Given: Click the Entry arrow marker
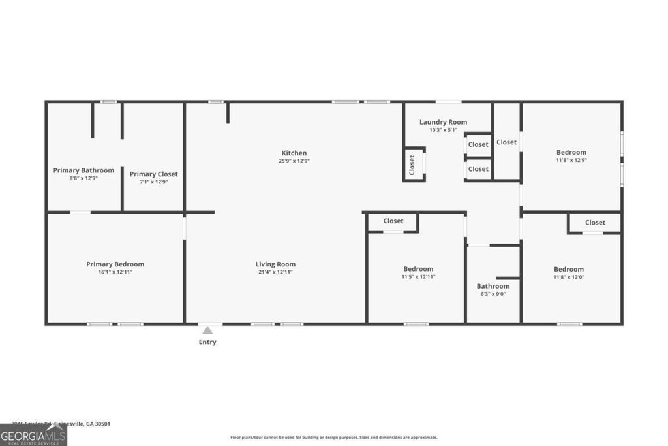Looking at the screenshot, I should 207,330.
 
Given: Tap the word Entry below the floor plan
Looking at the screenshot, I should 207,342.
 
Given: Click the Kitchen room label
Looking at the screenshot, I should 294,153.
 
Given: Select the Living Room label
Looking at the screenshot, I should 275,264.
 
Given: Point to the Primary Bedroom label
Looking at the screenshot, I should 115,264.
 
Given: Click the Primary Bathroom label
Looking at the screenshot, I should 83,170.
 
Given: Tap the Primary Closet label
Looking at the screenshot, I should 153,174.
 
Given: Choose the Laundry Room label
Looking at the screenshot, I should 443,122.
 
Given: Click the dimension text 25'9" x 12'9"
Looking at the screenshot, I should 294,161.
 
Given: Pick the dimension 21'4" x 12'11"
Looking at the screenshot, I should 275,272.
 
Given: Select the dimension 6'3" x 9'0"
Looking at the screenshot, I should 493,294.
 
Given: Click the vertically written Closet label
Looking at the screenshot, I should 412,165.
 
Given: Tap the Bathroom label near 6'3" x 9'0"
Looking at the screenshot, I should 493,286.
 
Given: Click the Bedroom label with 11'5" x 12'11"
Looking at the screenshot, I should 418,269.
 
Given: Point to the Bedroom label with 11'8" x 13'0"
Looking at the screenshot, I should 569,269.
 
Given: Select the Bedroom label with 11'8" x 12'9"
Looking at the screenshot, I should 571,153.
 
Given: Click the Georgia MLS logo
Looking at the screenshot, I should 33,435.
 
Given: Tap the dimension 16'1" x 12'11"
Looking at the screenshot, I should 115,272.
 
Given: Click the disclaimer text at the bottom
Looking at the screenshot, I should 333,438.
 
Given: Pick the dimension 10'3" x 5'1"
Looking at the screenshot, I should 443,130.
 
